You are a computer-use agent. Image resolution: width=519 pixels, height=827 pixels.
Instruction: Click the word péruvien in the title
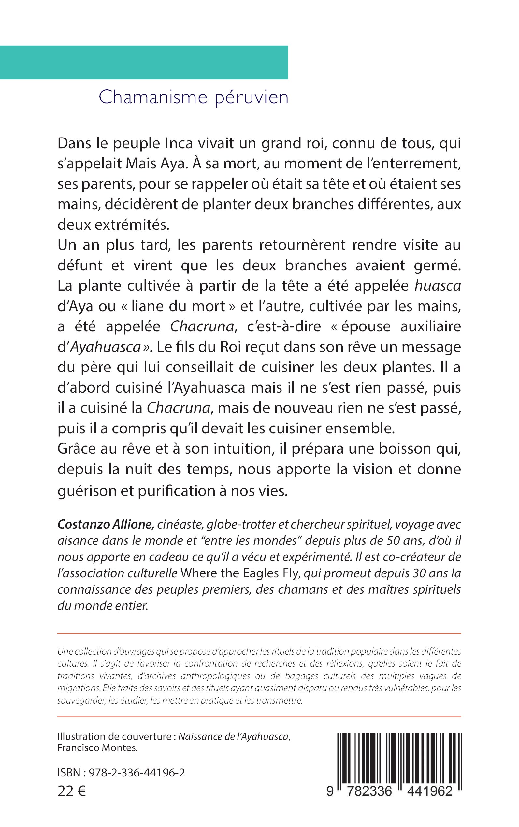pyautogui.click(x=251, y=98)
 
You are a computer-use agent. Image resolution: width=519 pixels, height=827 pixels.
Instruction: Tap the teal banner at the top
pyautogui.click(x=144, y=62)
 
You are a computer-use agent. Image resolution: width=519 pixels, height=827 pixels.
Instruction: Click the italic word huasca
pyautogui.click(x=437, y=286)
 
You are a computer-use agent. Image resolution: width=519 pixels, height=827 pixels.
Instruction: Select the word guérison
pyautogui.click(x=86, y=491)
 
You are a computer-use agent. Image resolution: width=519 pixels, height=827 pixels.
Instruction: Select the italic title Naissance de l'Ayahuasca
pyautogui.click(x=234, y=736)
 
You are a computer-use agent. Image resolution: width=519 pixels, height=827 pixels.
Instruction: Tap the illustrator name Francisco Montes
pyautogui.click(x=97, y=748)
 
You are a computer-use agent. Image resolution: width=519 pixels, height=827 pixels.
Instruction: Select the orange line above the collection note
pyautogui.click(x=259, y=634)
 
